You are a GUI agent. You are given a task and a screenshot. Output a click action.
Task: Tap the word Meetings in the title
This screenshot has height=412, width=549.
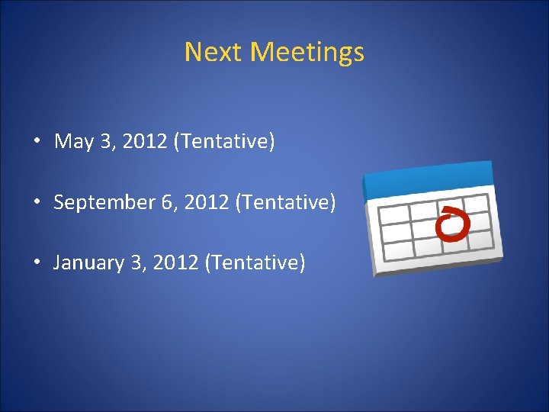[307, 53]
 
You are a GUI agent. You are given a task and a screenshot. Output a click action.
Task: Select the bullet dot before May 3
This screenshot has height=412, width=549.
[36, 142]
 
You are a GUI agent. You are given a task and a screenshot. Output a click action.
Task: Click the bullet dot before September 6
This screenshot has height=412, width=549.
[36, 203]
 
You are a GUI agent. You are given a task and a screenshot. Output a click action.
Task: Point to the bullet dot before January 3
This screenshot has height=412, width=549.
[36, 263]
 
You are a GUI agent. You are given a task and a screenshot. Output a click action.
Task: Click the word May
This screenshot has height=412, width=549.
[73, 142]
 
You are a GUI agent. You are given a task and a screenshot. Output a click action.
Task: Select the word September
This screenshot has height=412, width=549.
[101, 203]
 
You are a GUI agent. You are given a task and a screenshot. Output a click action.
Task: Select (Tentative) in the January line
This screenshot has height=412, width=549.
[255, 263]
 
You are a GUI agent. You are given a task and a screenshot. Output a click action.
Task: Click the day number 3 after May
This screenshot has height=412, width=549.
[106, 142]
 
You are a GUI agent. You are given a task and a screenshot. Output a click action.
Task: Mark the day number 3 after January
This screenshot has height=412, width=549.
[136, 263]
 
